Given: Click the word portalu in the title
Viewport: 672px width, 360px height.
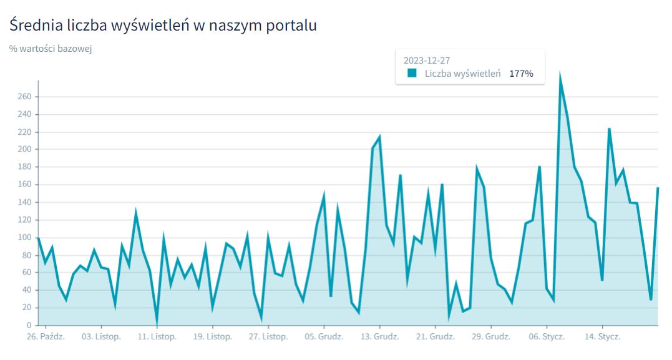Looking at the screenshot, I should pyautogui.click(x=293, y=26).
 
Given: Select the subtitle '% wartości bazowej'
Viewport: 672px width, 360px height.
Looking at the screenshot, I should pyautogui.click(x=51, y=49).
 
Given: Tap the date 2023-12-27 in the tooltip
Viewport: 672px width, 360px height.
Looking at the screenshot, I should pyautogui.click(x=427, y=61).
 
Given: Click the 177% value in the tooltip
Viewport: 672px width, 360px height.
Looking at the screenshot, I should pyautogui.click(x=521, y=74).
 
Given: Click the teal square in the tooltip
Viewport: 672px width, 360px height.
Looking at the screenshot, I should pyautogui.click(x=412, y=73).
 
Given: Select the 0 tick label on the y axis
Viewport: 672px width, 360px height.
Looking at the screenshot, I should pyautogui.click(x=29, y=325).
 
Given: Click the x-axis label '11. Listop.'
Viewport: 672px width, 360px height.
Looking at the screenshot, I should pyautogui.click(x=157, y=337).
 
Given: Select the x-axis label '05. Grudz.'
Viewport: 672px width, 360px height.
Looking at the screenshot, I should pyautogui.click(x=324, y=337).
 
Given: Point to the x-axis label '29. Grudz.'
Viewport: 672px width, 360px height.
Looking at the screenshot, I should pyautogui.click(x=490, y=337).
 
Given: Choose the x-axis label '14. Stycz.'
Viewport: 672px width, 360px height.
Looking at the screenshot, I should pyautogui.click(x=602, y=337).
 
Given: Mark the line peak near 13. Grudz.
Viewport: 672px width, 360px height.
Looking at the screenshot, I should pyautogui.click(x=379, y=137).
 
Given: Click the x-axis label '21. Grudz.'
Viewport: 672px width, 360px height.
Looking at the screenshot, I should pyautogui.click(x=435, y=337).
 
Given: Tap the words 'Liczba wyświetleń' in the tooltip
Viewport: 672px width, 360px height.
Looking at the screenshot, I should pyautogui.click(x=462, y=74).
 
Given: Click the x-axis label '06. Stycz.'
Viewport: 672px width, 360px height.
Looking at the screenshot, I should pyautogui.click(x=547, y=337).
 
